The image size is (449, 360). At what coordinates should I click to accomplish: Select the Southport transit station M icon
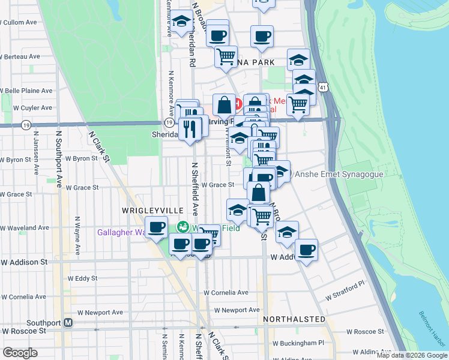click(x=68, y=322)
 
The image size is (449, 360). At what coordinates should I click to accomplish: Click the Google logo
click(x=20, y=352)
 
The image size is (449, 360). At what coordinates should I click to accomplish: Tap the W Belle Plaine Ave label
click(x=26, y=91)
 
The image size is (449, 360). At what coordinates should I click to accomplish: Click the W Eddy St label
click(x=82, y=278)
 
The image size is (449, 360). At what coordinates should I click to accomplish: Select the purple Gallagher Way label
click(x=122, y=232)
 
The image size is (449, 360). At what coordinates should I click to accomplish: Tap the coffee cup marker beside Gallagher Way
click(x=157, y=227)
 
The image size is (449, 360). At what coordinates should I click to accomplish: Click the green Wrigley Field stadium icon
click(x=182, y=227)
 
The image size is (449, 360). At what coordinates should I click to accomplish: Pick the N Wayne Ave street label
click(x=78, y=235)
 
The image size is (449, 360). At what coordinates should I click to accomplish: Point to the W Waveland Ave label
click(x=25, y=228)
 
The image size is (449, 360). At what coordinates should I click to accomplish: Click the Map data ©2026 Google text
click(x=411, y=355)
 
